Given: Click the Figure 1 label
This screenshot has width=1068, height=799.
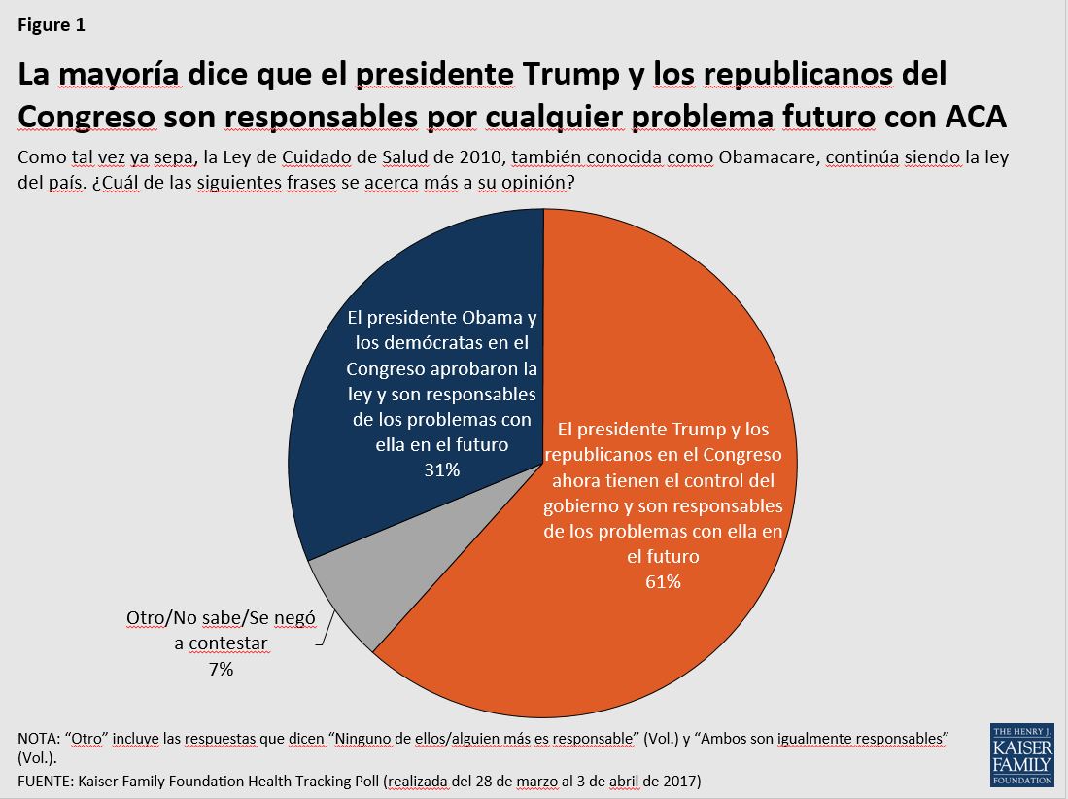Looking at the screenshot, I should coord(52,26).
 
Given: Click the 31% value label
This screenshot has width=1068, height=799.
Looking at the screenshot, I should coord(441,469).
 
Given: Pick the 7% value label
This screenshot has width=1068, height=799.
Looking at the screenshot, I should coord(220,669).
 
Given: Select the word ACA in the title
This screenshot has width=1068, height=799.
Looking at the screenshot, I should coord(975,116).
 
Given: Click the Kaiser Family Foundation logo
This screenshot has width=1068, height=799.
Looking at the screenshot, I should coord(1020,753).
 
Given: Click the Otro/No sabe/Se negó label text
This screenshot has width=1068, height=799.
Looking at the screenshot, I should coord(221,618).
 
